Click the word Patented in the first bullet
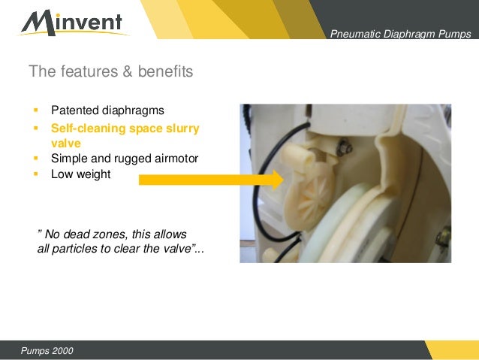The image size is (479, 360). [74, 110]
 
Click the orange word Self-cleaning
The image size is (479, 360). [83, 129]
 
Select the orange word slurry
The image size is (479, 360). [182, 129]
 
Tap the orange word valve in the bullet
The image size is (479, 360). [65, 143]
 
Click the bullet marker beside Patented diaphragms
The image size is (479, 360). [35, 111]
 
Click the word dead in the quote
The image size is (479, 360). [78, 234]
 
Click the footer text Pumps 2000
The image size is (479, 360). [47, 352]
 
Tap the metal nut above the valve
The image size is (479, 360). [346, 147]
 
